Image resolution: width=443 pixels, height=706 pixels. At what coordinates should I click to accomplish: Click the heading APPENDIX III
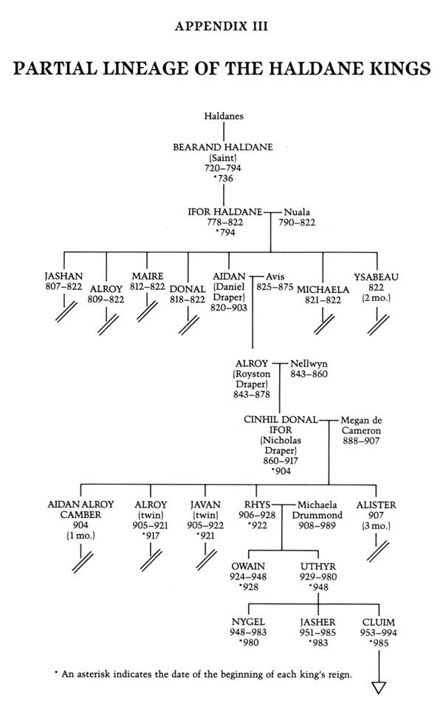[221, 27]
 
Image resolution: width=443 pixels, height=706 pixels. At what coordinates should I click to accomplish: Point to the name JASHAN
[63, 277]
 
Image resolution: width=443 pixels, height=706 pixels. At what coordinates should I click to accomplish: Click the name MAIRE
[147, 277]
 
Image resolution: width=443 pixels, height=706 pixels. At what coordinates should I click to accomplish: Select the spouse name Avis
[275, 277]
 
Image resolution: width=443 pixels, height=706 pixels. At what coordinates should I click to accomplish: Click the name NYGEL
[250, 622]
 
